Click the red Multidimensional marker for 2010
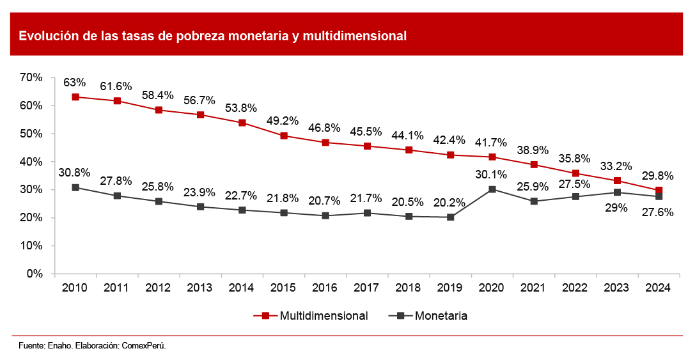[75, 97]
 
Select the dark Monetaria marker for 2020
[492, 189]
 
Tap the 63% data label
[75, 82]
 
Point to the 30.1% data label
[492, 174]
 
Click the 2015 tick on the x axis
[284, 288]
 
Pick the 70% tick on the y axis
[31, 77]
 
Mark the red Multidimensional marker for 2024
[659, 191]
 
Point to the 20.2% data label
[450, 202]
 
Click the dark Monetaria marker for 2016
[325, 215]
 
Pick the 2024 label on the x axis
[659, 288]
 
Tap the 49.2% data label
[283, 120]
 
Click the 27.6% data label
[657, 212]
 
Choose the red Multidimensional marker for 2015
[284, 136]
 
